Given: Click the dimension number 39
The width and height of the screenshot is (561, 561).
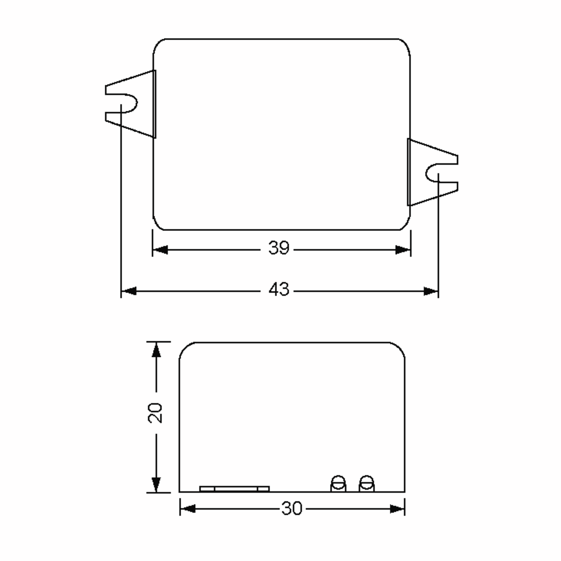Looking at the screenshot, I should pyautogui.click(x=278, y=248).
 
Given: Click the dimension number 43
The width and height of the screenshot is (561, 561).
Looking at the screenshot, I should pyautogui.click(x=278, y=289).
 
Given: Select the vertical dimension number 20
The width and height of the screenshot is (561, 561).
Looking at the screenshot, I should pyautogui.click(x=155, y=413).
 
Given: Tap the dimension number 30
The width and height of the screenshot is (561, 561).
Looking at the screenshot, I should pyautogui.click(x=291, y=508).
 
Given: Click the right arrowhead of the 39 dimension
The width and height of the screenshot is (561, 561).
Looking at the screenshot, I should pyautogui.click(x=403, y=249).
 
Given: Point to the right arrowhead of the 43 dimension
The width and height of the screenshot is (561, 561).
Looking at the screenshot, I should pyautogui.click(x=431, y=291).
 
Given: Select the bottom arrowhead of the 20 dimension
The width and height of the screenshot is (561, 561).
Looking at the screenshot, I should pyautogui.click(x=156, y=484).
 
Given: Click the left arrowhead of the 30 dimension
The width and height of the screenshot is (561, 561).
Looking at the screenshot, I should pyautogui.click(x=187, y=508).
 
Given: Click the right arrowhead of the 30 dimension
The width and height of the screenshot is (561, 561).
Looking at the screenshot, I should pyautogui.click(x=397, y=508).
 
